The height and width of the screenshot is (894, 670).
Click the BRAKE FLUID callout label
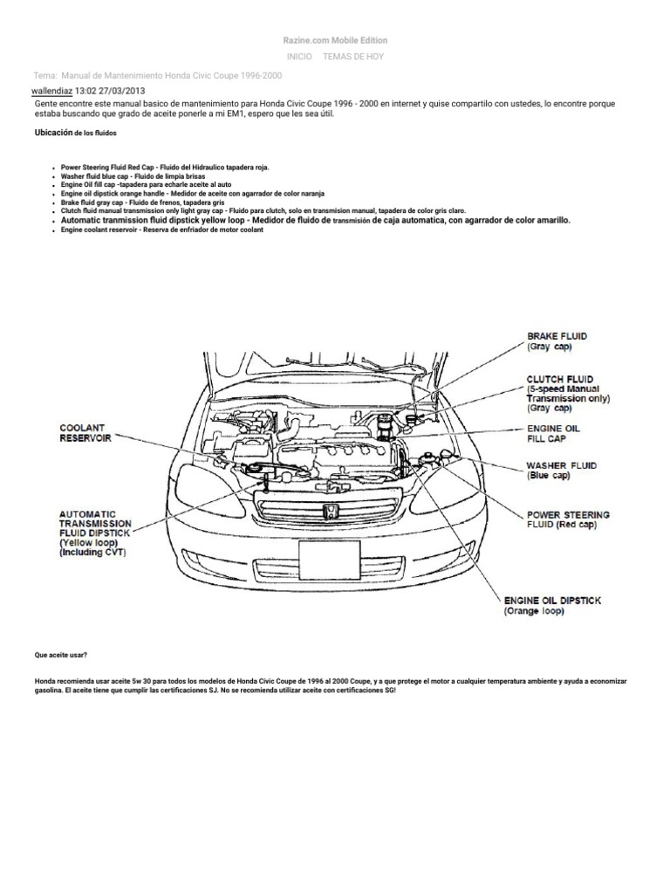tap(556, 340)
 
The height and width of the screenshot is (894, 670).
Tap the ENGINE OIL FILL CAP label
tap(553, 434)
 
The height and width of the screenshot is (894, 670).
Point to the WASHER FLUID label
tap(561, 471)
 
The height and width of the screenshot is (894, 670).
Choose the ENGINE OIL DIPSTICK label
tap(552, 606)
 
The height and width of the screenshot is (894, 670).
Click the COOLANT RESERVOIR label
tap(85, 433)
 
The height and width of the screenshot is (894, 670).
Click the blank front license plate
tap(329, 560)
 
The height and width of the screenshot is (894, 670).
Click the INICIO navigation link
tap(299, 56)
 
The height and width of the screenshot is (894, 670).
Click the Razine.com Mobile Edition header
tap(335, 40)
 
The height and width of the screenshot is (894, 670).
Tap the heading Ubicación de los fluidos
tap(74, 133)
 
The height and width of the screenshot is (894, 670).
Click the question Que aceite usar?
tap(61, 654)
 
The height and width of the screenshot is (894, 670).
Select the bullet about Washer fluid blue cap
tap(133, 175)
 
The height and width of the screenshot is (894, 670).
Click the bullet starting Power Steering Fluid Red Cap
tap(165, 165)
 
